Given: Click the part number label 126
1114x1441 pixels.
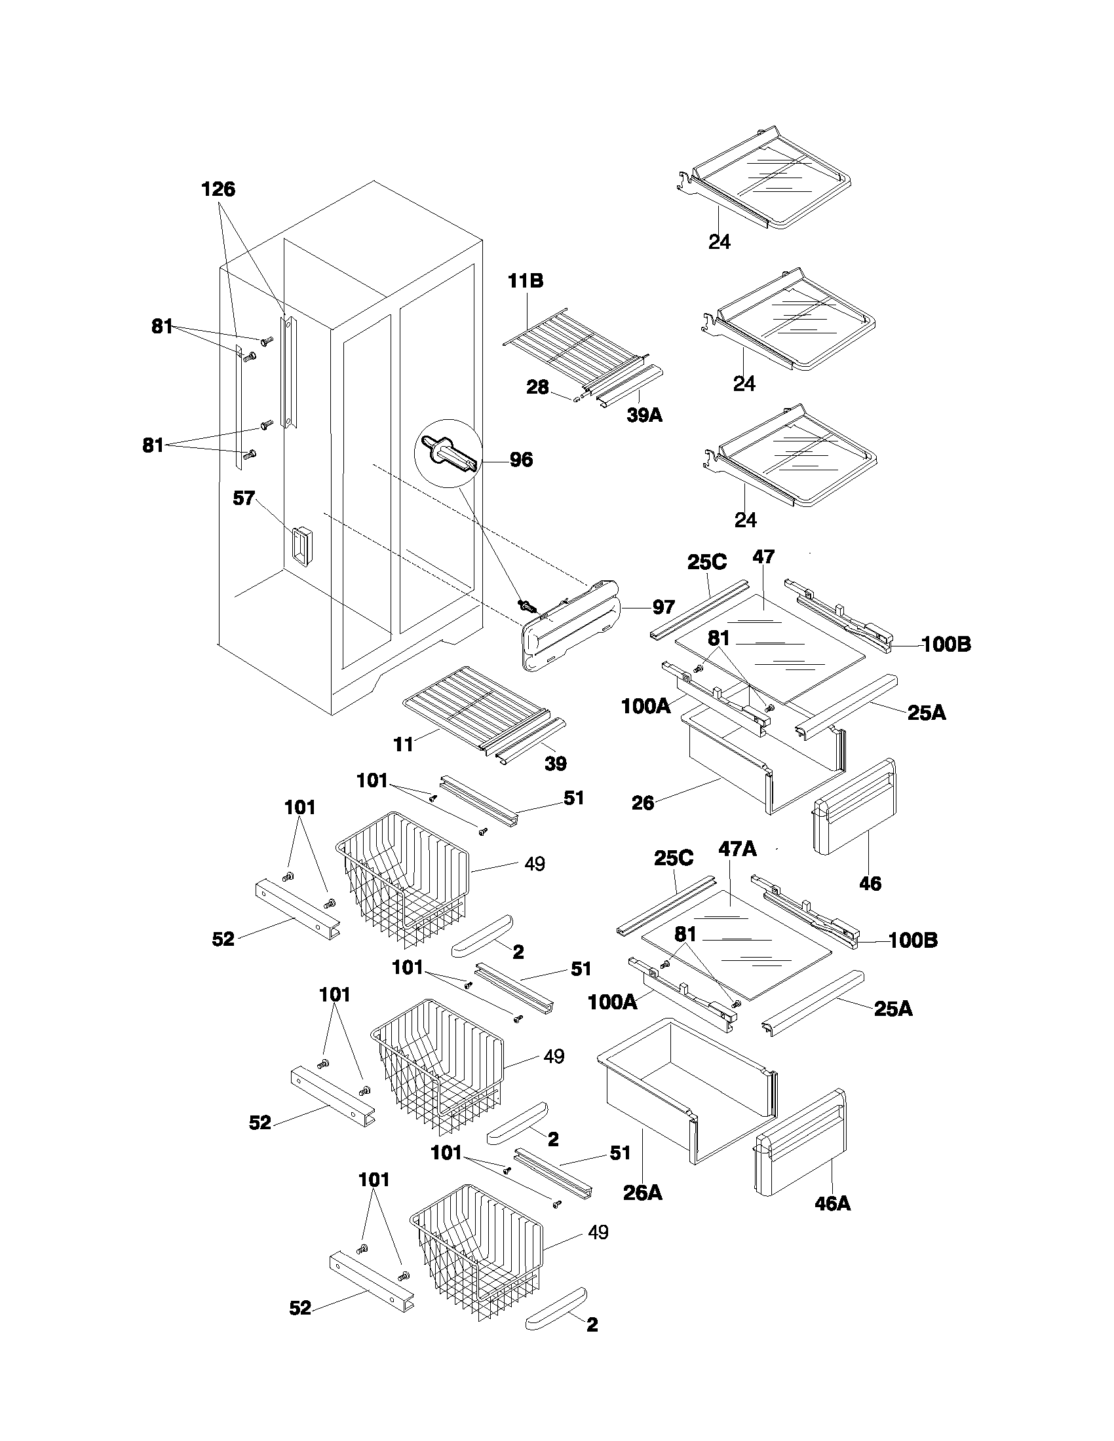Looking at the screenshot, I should coord(218,190).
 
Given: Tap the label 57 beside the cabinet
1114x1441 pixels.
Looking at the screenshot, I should coord(244,498).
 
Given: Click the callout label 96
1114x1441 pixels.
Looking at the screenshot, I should coord(521,460).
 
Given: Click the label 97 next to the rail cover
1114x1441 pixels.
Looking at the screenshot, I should coord(663,607).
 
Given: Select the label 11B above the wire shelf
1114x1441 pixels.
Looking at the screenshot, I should coord(526,281).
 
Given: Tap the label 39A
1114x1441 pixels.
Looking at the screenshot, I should coord(644,416).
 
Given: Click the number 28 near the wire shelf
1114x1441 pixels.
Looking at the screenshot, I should coord(537,387).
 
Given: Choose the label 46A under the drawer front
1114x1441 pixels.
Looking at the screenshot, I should coord(832,1204).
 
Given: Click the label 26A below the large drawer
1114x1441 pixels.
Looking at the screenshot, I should coord(642,1193).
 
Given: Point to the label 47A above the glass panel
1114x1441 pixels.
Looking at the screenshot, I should coord(737,849).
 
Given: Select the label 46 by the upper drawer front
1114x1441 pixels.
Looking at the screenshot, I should coord(870,884).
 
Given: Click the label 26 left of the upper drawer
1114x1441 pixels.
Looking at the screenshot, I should coord(642,803).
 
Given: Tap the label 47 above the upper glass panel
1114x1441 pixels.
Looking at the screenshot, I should coord(763,557).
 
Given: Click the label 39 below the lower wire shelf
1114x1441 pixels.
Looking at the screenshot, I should coord(555,764).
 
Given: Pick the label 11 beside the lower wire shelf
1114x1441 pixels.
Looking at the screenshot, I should coord(403,745).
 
